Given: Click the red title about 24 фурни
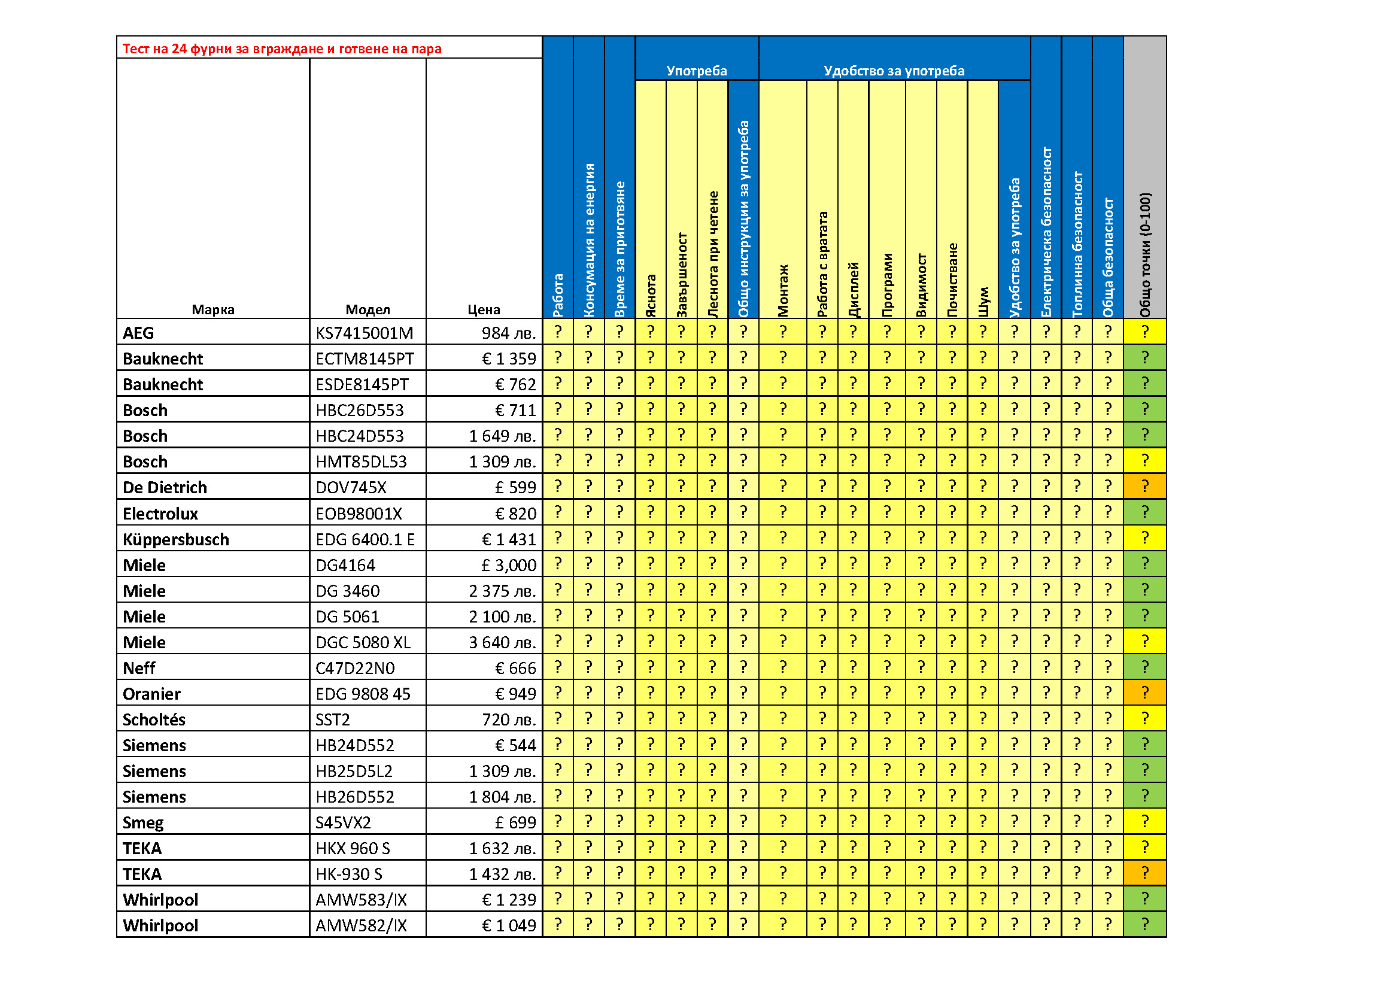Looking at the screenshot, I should (x=282, y=48).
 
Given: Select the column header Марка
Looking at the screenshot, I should (x=213, y=309).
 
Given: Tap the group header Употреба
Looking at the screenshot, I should (x=696, y=71).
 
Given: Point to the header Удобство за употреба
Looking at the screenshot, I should (x=893, y=71).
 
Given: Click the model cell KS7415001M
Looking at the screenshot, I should (x=364, y=333).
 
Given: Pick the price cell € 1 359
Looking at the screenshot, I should (x=509, y=359).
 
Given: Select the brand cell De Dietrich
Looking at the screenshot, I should (x=165, y=487).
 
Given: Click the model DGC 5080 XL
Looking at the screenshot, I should (x=363, y=642).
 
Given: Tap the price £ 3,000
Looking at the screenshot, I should (x=509, y=565).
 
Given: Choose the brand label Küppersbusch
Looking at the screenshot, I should (x=175, y=539).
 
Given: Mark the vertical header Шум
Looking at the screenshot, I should (x=983, y=301).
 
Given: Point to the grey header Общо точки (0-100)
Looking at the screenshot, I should (x=1144, y=255).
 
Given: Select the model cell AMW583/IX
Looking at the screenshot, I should (x=361, y=900).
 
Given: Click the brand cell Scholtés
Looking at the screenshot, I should (x=154, y=719).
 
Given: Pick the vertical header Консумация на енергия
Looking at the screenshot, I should (x=588, y=240).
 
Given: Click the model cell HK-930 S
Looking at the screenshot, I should (x=349, y=874).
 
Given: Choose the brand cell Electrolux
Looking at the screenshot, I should (x=160, y=514).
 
